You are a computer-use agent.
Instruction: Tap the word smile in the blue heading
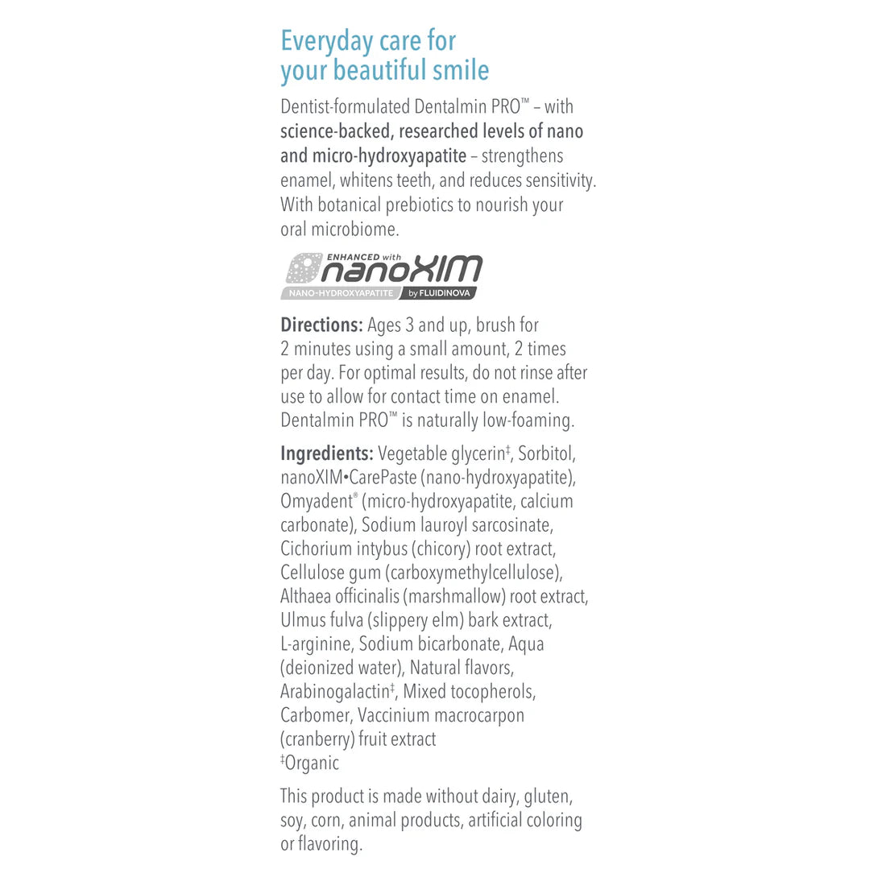point(460,71)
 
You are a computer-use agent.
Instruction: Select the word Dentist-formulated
point(345,106)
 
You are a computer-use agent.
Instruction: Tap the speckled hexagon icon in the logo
point(304,269)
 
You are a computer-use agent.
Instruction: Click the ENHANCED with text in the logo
point(364,257)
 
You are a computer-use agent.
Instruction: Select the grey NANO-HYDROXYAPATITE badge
point(341,293)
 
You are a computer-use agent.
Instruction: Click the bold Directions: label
point(321,325)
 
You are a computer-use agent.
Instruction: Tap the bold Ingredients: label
point(326,453)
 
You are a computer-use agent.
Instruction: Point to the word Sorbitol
point(546,453)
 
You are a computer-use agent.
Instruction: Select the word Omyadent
point(317,501)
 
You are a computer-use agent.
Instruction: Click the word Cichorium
point(316,549)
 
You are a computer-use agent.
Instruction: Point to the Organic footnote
point(312,763)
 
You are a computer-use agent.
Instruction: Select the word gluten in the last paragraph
point(548,797)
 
